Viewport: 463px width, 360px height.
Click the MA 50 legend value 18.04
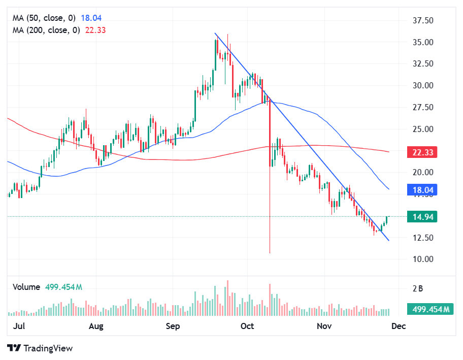(91, 18)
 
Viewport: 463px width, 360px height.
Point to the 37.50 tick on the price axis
(422, 21)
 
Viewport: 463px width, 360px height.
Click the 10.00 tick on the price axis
(422, 259)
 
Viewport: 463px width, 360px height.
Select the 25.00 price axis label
(422, 129)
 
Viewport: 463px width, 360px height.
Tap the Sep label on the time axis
(173, 326)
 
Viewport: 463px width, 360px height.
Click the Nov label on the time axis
(324, 326)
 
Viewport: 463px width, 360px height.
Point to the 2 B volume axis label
(418, 289)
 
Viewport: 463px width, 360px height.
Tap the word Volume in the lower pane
(26, 287)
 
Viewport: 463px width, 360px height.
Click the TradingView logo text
(48, 348)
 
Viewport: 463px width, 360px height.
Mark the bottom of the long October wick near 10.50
(270, 252)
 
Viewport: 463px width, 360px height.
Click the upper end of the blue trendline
(215, 34)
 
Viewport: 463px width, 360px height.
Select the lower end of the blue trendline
(389, 240)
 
